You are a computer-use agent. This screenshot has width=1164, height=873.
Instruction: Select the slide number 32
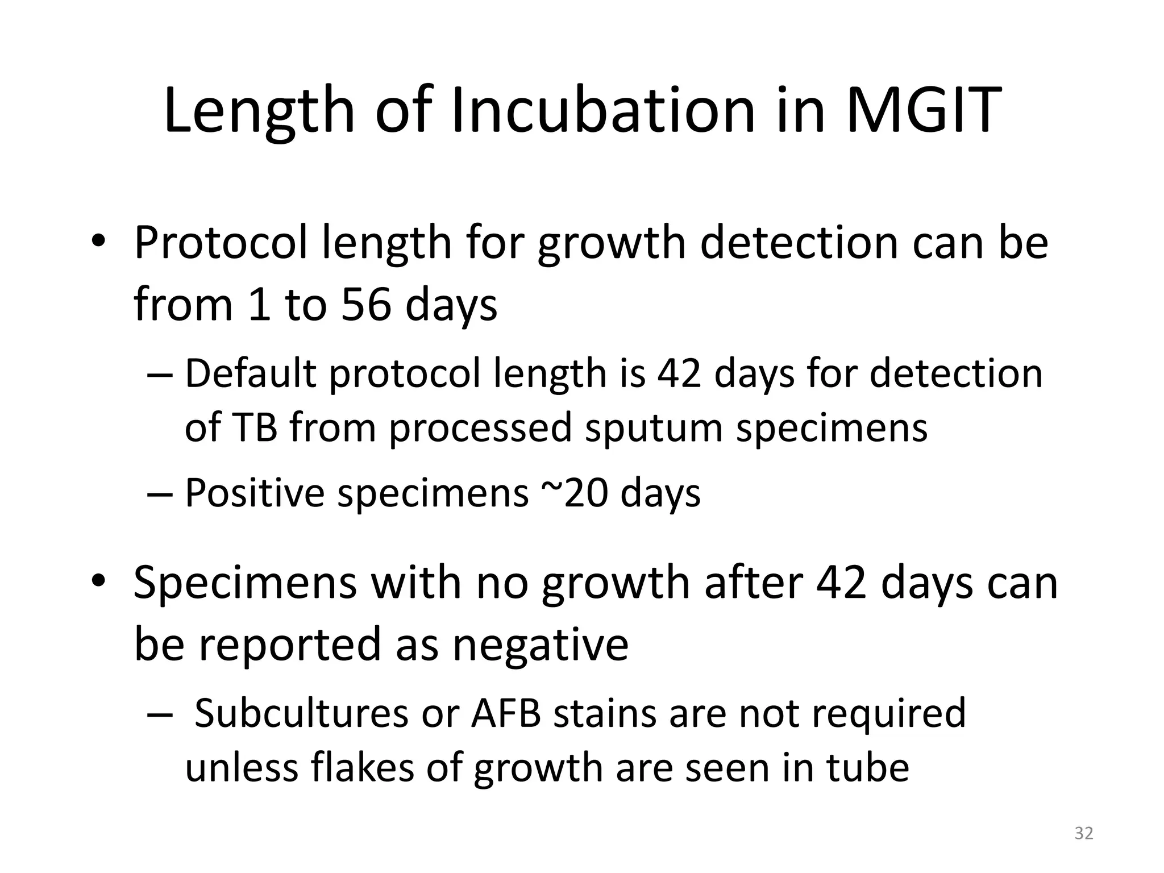(x=1083, y=833)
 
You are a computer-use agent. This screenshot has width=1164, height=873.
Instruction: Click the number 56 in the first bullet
(x=366, y=305)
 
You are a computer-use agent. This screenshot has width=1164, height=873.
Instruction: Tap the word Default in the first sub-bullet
(x=250, y=373)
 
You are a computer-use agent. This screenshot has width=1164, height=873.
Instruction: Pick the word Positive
(x=254, y=493)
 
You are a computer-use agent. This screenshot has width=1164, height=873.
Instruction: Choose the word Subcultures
(x=301, y=713)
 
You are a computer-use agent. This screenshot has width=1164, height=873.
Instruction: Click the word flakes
(x=363, y=768)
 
